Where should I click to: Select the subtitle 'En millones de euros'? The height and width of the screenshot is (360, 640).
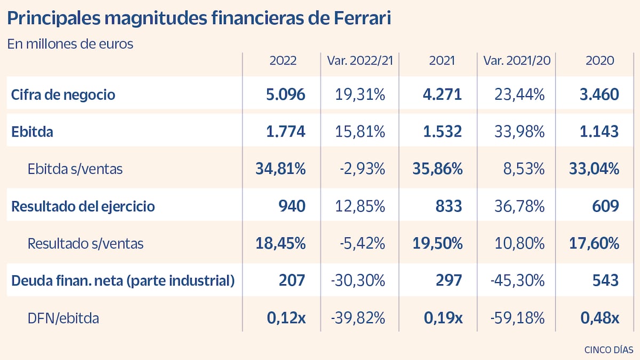tap(70, 44)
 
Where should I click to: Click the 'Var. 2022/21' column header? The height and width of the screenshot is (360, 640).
tap(360, 61)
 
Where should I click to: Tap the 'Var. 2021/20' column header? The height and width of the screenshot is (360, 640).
tap(516, 61)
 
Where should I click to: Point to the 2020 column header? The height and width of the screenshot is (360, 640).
tap(599, 61)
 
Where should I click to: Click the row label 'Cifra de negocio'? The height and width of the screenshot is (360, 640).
tap(63, 95)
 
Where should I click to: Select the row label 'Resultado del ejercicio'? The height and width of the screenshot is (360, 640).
tap(83, 206)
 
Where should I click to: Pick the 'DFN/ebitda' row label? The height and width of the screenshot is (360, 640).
tap(63, 318)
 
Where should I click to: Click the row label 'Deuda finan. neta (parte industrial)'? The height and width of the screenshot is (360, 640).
tap(123, 281)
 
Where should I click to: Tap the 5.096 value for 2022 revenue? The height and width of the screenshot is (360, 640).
tap(285, 95)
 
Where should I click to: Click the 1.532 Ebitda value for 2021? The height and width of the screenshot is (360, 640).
tap(442, 132)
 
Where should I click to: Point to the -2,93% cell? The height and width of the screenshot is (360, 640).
tap(363, 169)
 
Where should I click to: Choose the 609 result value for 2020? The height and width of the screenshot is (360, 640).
tap(604, 206)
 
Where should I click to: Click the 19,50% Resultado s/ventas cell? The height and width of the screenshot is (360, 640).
tap(437, 244)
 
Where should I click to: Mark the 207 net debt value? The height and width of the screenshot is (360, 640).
tap(292, 281)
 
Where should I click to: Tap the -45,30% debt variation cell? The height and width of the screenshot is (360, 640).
tap(517, 281)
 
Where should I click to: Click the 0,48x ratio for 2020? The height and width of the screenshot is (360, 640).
tap(599, 318)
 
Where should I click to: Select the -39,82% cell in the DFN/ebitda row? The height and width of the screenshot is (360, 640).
tap(358, 318)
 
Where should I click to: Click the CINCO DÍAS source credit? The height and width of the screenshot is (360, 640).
tap(609, 350)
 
